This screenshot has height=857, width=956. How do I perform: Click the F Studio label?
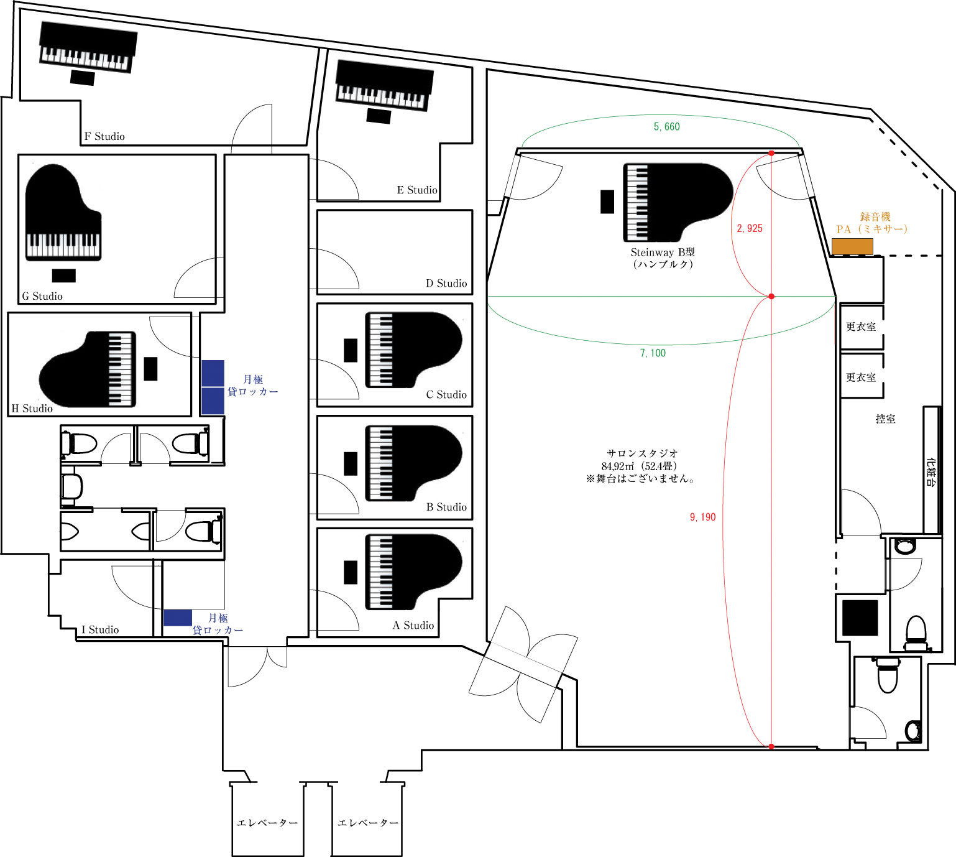point(104,136)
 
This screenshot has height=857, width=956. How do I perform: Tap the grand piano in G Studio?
point(62,213)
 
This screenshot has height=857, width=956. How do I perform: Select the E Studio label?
point(417,190)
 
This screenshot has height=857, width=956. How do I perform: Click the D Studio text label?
point(446,284)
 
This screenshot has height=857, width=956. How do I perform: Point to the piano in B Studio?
point(413,463)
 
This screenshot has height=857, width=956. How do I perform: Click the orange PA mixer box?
point(852,246)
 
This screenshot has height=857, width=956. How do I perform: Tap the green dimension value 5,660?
point(667,126)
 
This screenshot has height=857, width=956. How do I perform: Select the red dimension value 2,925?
point(750,228)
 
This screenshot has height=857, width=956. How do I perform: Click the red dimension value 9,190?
point(702,517)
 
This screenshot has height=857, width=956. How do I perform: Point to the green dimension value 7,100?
point(653,353)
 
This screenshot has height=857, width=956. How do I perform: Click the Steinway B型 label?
point(663,252)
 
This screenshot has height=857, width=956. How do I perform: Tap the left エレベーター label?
point(267,823)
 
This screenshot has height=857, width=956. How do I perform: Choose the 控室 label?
point(885,419)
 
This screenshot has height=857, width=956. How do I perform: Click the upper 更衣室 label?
point(861,327)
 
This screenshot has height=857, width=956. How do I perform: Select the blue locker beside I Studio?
point(177,618)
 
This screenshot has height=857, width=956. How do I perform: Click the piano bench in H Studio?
point(150,369)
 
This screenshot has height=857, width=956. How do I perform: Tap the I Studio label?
point(100,629)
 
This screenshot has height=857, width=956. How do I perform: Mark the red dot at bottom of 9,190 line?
point(771,746)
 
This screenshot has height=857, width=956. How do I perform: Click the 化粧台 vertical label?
point(931,471)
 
